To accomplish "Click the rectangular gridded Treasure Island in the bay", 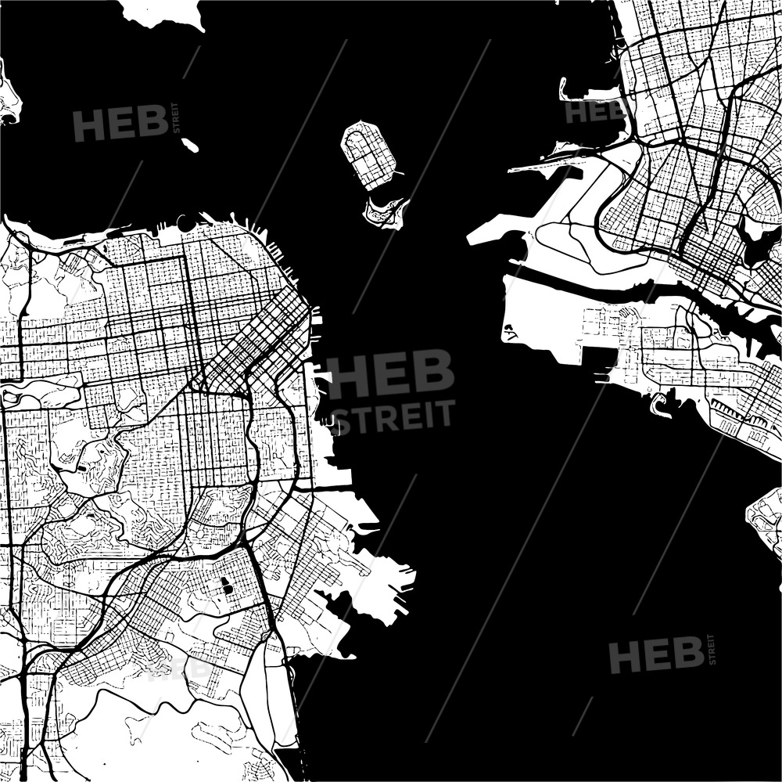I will pyautogui.click(x=368, y=153).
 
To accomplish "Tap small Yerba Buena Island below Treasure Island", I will pyautogui.click(x=385, y=212).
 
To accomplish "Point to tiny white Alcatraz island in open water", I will pyautogui.click(x=189, y=145).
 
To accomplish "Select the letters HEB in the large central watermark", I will pyautogui.click(x=390, y=374).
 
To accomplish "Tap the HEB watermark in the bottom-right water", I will pyautogui.click(x=656, y=654).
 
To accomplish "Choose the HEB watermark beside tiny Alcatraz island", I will pyautogui.click(x=120, y=123).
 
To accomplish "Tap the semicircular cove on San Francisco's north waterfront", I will pyautogui.click(x=188, y=223).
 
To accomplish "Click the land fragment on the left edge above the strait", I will pyautogui.click(x=8, y=98).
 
